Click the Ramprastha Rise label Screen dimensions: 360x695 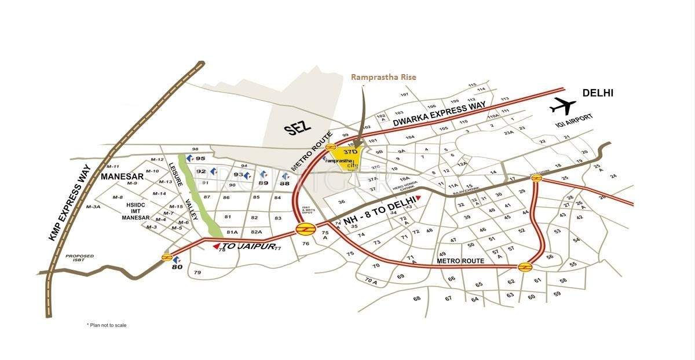click(384, 76)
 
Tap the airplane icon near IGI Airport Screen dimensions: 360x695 click(563, 106)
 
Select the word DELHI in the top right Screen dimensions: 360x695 click(598, 93)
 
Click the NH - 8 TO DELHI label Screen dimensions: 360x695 click(380, 211)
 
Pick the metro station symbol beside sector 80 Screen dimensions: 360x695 click(167, 257)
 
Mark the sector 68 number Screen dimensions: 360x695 click(416, 299)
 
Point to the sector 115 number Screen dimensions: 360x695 click(472, 85)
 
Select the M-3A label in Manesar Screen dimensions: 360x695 click(93, 207)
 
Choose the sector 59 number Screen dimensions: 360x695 click(557, 294)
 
